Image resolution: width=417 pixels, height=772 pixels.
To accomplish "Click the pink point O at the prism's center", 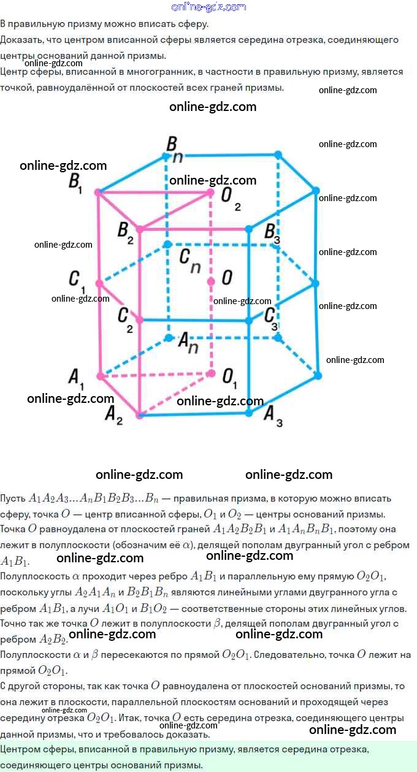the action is point(211,282).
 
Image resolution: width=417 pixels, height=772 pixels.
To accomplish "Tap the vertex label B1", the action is point(75,183).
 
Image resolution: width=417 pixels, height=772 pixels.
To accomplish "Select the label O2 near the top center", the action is point(231,199).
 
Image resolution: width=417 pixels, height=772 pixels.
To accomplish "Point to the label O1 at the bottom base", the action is point(229,378).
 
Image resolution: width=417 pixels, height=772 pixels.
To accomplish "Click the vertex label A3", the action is point(273,416).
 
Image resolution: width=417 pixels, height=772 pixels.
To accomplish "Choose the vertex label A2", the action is point(113,415).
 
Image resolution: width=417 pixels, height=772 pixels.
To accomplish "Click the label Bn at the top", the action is point(174,149).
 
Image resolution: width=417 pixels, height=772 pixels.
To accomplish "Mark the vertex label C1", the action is point(77,281).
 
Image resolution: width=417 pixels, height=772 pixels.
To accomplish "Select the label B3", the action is point(272,234).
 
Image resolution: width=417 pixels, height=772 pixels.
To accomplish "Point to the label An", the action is point(188,342).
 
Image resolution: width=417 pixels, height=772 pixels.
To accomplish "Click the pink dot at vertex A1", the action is point(101,376).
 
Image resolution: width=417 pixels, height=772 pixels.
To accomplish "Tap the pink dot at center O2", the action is point(210,193).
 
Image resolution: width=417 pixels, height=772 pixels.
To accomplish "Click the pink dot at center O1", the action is point(211,373).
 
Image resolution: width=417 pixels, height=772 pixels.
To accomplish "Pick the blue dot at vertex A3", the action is point(249,413).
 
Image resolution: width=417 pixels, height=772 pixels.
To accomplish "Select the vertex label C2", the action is point(125,319).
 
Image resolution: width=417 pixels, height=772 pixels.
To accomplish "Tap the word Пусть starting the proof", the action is point(13,499).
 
